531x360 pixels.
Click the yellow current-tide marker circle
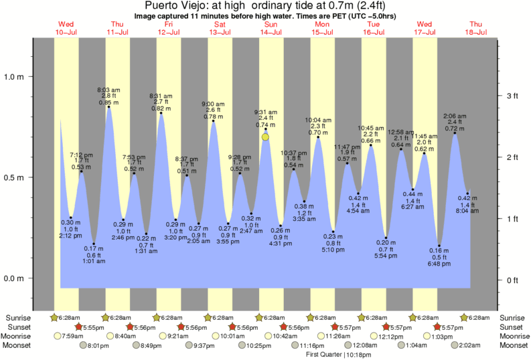(x=266, y=137)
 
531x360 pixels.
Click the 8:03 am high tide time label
(x=108, y=90)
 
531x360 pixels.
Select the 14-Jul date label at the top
(x=271, y=32)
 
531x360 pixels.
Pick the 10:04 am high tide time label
(x=318, y=120)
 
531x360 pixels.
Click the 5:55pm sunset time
(x=96, y=327)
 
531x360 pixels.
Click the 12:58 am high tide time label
(x=400, y=131)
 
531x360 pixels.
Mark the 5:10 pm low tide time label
(x=333, y=250)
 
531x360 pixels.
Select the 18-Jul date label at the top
(x=476, y=32)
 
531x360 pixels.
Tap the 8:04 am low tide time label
(x=467, y=211)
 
